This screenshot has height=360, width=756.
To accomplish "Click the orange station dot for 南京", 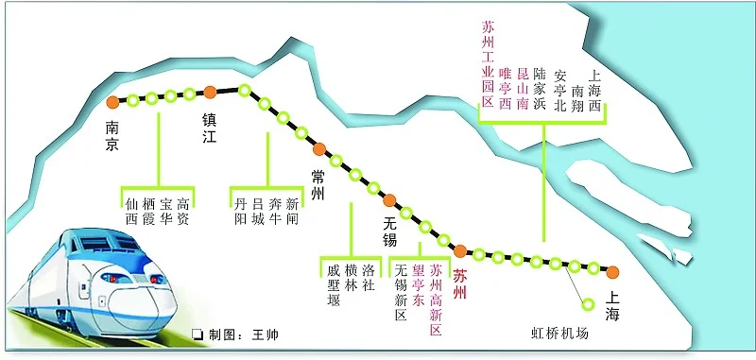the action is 113,101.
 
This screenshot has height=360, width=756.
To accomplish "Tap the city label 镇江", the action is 210,129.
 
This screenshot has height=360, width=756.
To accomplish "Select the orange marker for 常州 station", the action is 319,147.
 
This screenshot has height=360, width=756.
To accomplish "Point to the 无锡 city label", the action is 390,231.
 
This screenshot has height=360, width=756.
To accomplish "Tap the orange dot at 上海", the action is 613,273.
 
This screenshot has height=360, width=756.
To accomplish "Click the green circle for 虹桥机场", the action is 588,304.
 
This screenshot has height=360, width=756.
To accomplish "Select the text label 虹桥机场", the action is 559,334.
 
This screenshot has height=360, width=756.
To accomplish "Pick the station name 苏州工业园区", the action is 488,64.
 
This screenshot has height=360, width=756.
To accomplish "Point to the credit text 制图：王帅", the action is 235,335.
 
